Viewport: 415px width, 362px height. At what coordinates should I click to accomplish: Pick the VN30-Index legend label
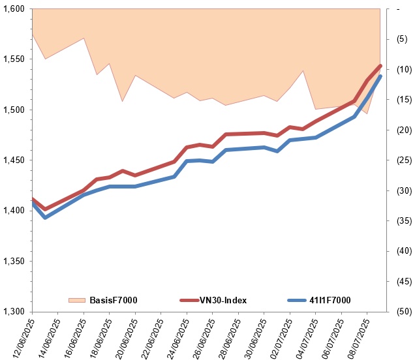224,300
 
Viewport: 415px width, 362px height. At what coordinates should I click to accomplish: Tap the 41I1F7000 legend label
329,300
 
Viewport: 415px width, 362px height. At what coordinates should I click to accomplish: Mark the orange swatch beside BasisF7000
77,300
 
